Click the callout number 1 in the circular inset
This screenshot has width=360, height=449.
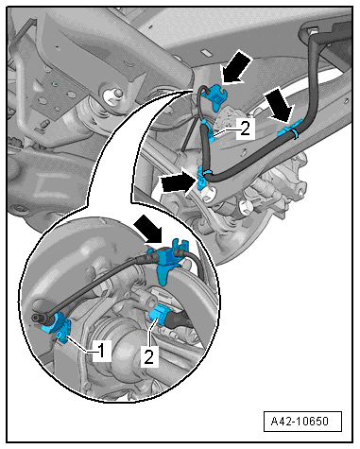[x=101, y=351]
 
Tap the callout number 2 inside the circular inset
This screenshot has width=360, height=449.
[x=148, y=356]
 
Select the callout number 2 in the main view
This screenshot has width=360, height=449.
[x=245, y=129]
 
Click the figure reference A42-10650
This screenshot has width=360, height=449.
[x=300, y=422]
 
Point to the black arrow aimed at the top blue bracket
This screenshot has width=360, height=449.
[x=237, y=67]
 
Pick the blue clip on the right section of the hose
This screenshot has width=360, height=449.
[x=291, y=130]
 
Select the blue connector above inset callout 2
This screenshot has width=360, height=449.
[x=160, y=315]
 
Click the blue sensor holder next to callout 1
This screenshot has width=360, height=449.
[x=59, y=327]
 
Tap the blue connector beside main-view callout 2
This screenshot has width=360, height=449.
[x=207, y=131]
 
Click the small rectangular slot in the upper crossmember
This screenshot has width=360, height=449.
[x=205, y=52]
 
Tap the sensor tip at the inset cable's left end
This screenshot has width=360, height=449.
[x=36, y=318]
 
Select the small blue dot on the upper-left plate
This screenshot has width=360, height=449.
[x=56, y=84]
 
